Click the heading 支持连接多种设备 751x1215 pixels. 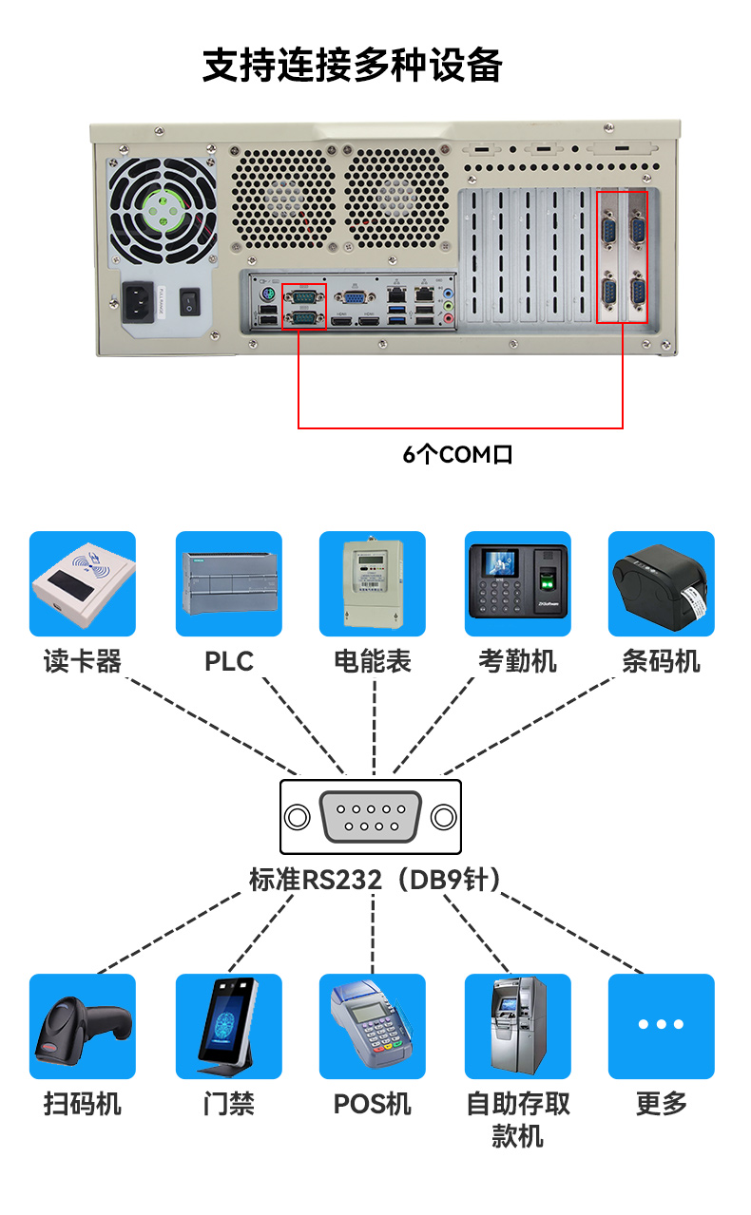[x=353, y=66]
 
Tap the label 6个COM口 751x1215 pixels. [x=458, y=455]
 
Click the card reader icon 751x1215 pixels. [x=83, y=583]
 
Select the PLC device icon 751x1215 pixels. [x=229, y=583]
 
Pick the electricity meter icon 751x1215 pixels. [x=373, y=583]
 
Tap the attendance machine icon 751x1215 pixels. [x=517, y=583]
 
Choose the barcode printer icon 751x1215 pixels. [x=661, y=583]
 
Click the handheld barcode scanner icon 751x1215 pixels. [x=83, y=1026]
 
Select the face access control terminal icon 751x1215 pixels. [x=229, y=1026]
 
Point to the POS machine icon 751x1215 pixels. [x=373, y=1026]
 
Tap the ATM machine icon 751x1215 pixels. [x=517, y=1026]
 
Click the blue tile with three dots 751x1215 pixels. [x=661, y=1026]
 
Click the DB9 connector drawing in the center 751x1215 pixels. [x=371, y=817]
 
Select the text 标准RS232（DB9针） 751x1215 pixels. [x=375, y=881]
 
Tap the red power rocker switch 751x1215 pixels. [x=191, y=302]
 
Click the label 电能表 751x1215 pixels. [x=373, y=661]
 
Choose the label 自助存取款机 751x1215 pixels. [x=517, y=1119]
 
